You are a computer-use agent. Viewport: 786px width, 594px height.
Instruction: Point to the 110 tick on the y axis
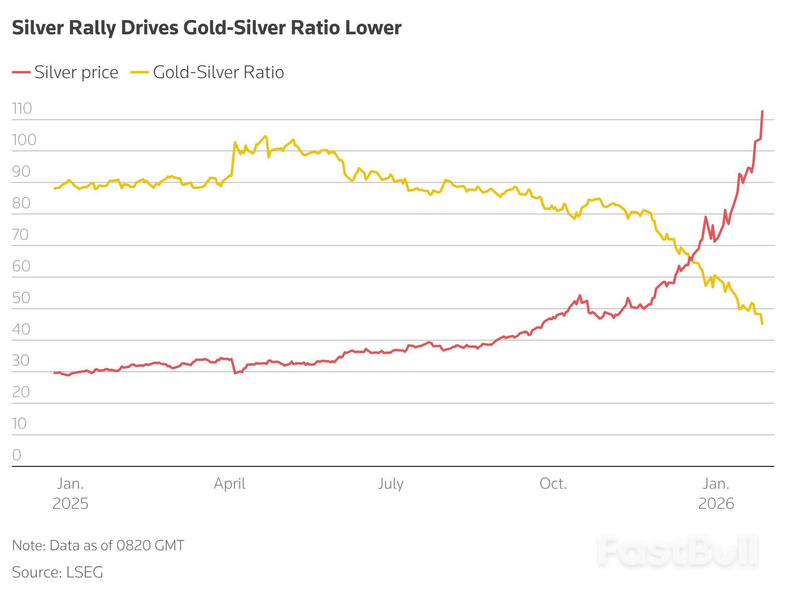(22, 108)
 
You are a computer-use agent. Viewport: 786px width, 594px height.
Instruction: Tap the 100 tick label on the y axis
(24, 140)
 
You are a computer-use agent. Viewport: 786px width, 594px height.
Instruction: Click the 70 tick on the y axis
(21, 235)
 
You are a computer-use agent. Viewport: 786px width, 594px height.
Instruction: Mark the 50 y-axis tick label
(21, 298)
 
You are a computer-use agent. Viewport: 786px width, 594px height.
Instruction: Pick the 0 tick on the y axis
(17, 455)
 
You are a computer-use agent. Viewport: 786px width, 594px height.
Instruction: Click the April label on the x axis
(230, 484)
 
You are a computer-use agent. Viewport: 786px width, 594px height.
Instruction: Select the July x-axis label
(390, 484)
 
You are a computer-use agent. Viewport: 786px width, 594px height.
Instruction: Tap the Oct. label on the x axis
(553, 484)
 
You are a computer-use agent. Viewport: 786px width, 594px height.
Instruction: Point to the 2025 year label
(70, 504)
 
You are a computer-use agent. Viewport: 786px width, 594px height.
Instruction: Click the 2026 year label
(716, 504)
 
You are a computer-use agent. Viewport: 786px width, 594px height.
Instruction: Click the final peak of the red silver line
(762, 111)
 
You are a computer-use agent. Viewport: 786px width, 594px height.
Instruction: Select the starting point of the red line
(54, 373)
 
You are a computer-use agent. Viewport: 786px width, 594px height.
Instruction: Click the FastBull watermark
(677, 551)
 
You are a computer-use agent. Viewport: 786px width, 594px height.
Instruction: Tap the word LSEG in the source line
(84, 572)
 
